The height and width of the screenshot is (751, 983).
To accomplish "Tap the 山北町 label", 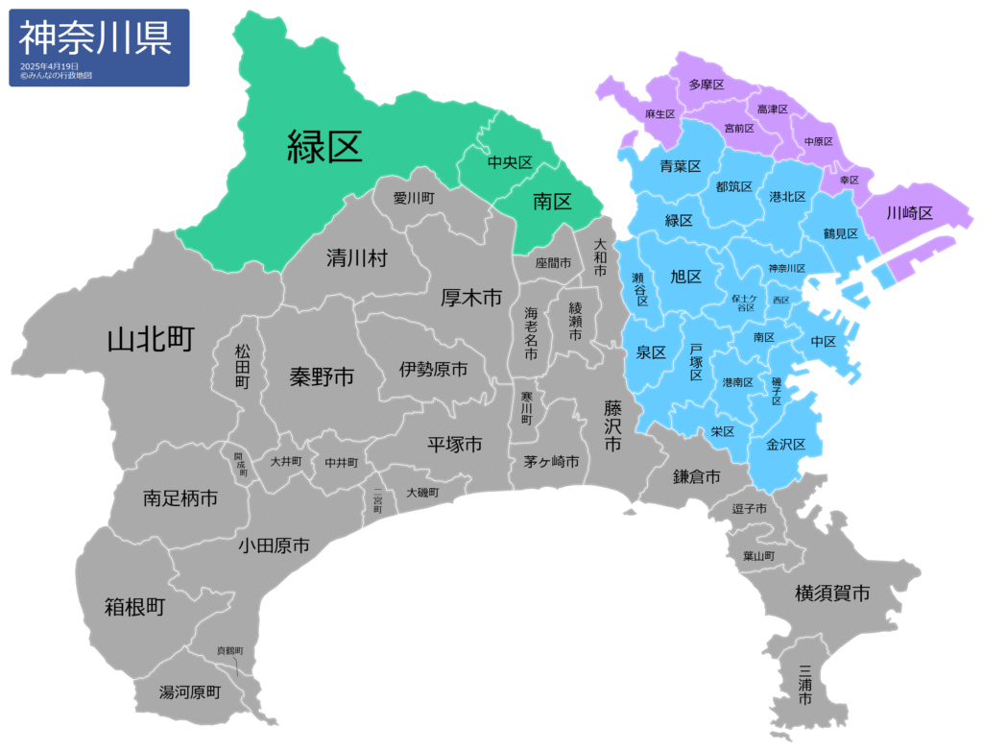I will [x=152, y=339].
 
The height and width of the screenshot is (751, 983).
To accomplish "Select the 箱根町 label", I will [x=135, y=607].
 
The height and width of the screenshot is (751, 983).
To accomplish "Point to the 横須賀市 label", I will [x=832, y=594].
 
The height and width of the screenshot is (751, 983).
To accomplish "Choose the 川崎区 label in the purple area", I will [x=909, y=213].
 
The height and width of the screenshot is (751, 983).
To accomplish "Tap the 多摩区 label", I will [x=706, y=85].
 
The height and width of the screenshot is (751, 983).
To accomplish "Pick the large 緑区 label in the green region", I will [x=325, y=146].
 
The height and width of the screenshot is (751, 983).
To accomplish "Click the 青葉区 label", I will [x=680, y=167].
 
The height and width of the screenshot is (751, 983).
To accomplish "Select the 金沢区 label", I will [x=793, y=445].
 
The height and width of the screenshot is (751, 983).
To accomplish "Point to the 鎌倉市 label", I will [x=697, y=475].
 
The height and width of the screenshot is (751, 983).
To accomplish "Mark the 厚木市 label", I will [x=471, y=298].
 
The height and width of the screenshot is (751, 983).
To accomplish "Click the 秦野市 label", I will [x=322, y=376].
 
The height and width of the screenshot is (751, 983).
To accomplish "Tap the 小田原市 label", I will [x=274, y=545].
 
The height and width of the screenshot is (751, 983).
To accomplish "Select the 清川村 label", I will [x=356, y=257].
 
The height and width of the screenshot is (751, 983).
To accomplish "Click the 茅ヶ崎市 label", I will [x=551, y=462].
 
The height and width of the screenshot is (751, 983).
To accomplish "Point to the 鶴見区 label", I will [x=841, y=232].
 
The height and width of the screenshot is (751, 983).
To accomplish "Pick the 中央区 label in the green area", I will [x=510, y=162].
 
